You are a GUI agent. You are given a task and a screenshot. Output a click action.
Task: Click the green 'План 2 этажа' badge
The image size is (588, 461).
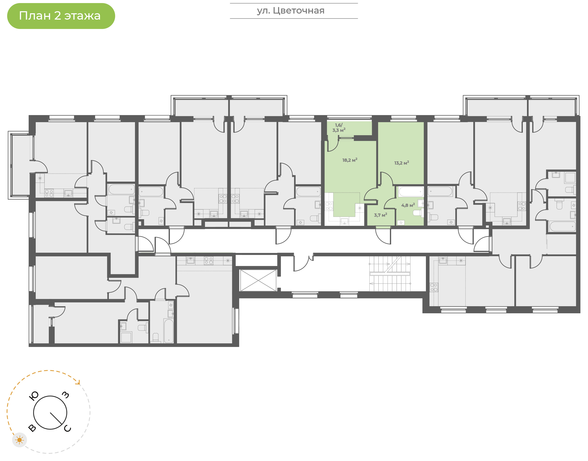tap(61, 16)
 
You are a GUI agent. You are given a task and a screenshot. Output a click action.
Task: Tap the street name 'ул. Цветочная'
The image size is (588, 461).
tap(291, 11)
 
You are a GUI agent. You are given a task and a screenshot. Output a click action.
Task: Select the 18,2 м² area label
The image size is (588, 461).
tap(350, 160)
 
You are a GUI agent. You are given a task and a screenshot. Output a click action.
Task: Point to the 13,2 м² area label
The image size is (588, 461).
tap(402, 163)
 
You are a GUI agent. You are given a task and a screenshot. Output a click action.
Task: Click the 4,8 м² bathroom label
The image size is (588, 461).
tap(408, 205)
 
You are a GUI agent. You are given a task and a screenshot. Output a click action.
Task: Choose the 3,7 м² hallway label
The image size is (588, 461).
tap(380, 215)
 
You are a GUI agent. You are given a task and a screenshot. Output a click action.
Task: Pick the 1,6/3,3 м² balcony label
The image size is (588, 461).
tap(339, 128)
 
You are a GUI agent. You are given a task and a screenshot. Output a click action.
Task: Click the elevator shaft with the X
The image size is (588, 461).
tap(258, 280)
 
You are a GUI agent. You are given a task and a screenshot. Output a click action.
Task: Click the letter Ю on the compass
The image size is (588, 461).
tap(34, 396)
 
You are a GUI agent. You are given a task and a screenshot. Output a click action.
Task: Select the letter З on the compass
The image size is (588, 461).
tap(66, 395)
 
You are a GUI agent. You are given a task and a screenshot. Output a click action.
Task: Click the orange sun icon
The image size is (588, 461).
tap(19, 440)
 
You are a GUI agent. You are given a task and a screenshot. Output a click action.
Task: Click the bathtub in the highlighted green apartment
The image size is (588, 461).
tap(411, 192)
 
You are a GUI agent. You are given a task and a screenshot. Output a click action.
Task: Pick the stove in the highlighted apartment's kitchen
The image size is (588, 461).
tap(329, 206)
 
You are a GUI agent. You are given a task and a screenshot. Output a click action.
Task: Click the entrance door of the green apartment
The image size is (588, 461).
tap(383, 235)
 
